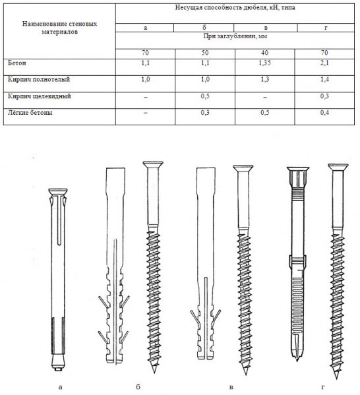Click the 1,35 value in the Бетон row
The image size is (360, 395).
click(264, 63)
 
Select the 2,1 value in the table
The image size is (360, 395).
click(324, 63)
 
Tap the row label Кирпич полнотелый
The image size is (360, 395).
click(38, 80)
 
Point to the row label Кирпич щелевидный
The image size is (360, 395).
click(39, 96)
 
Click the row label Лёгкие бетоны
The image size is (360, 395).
click(30, 113)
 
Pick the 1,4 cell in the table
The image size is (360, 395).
click(324, 80)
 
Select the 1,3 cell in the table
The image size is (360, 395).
click(264, 80)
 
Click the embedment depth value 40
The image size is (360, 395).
click(265, 53)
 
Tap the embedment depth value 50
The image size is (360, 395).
click(205, 53)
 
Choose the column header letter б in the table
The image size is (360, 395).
click(204, 27)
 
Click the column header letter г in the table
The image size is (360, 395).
click(326, 28)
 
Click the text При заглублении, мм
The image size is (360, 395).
click(235, 36)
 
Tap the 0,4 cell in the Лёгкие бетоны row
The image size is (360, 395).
click(324, 113)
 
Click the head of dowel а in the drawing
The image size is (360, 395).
click(58, 191)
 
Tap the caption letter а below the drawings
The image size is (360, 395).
click(60, 387)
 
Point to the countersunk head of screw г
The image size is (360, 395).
click(338, 167)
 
